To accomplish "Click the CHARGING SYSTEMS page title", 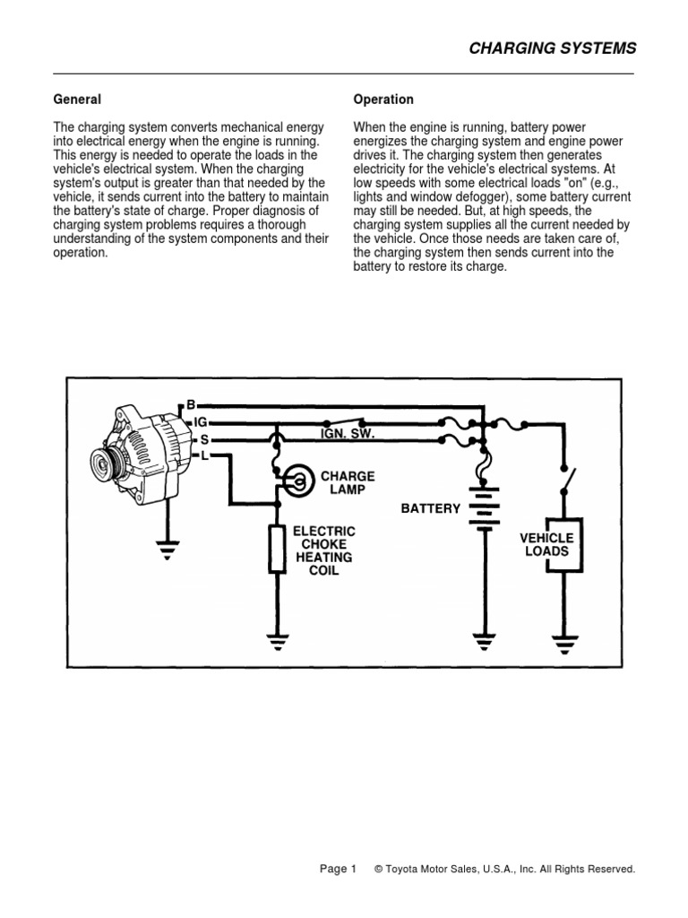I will pos(552,48).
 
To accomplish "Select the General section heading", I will pos(78,100).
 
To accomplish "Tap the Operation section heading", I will pos(383,100).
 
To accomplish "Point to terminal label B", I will pos(190,404).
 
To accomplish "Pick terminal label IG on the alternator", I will pos(200,420).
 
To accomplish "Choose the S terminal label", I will pos(204,438).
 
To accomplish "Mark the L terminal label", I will pos(204,456).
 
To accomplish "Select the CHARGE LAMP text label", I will pos(348,483).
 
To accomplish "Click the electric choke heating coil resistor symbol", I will pos(276,550).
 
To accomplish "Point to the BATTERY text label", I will pos(431,508).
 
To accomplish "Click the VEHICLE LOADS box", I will pos(547,545).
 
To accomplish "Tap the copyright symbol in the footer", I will pos(380,869).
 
